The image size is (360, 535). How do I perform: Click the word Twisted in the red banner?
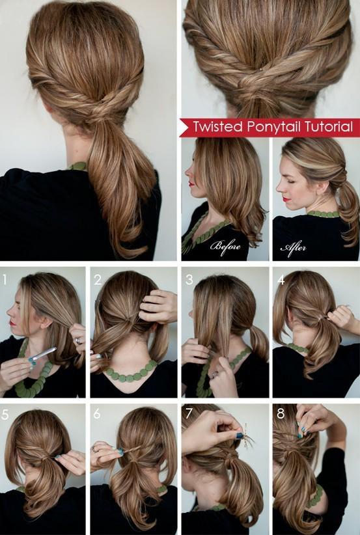[x=217, y=127]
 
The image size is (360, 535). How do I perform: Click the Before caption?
[x=225, y=245]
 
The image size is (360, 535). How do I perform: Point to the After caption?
[x=293, y=247]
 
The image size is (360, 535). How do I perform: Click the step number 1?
[x=5, y=280]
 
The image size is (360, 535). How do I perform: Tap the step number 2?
[x=98, y=280]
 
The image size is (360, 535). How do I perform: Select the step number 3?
[x=189, y=280]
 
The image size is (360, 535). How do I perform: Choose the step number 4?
[x=281, y=280]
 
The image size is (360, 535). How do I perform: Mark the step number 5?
[x=5, y=414]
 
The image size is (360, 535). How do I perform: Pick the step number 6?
[x=97, y=414]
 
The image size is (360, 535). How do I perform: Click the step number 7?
[x=189, y=414]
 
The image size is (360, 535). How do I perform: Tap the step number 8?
[x=281, y=414]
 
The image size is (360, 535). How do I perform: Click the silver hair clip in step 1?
[x=42, y=354]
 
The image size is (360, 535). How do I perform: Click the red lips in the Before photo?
[x=191, y=184]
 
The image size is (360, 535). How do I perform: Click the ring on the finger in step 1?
[x=79, y=340]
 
